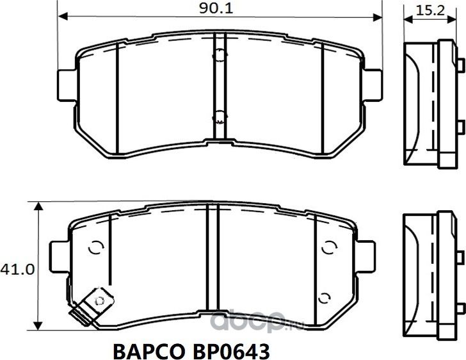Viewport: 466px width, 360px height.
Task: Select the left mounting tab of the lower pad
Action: tap(59, 254)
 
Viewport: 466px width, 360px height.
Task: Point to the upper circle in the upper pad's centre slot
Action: tap(219, 56)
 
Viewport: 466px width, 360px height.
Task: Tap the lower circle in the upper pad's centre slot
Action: tap(219, 116)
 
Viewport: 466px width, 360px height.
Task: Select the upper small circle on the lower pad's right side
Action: tap(330, 248)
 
